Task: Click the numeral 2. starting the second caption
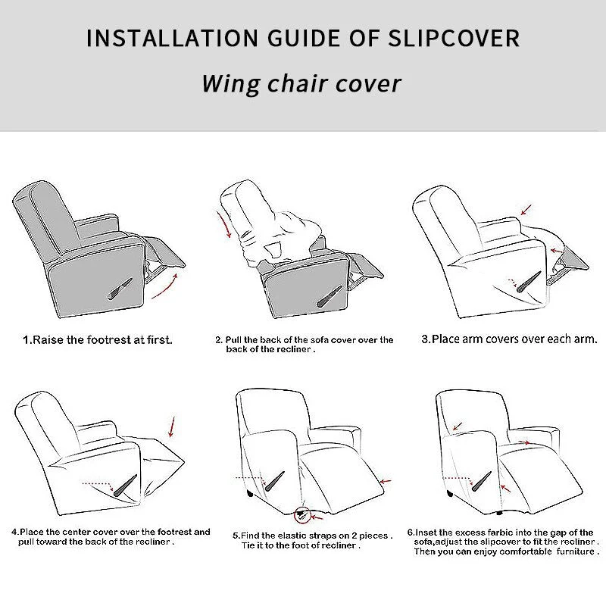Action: coord(219,340)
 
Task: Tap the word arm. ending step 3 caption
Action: coord(585,339)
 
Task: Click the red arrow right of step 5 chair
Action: coord(386,481)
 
